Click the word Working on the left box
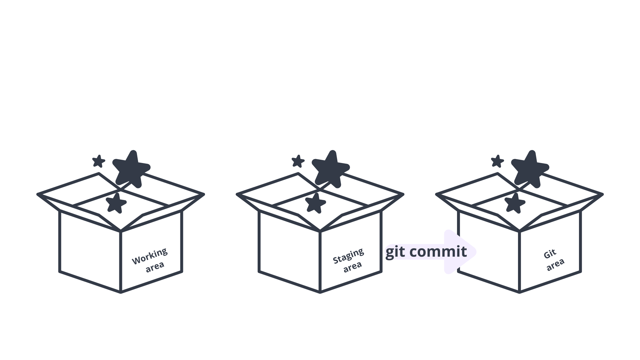click(x=150, y=256)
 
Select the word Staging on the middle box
click(x=348, y=256)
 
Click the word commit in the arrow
click(x=438, y=251)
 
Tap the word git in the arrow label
click(x=395, y=252)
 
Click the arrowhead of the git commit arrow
click(x=462, y=252)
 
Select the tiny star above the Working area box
click(x=99, y=161)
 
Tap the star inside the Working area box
click(x=116, y=203)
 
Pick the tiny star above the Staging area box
click(x=298, y=161)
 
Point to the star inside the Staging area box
click(x=315, y=203)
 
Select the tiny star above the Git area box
click(x=497, y=161)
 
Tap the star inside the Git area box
click(x=515, y=203)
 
